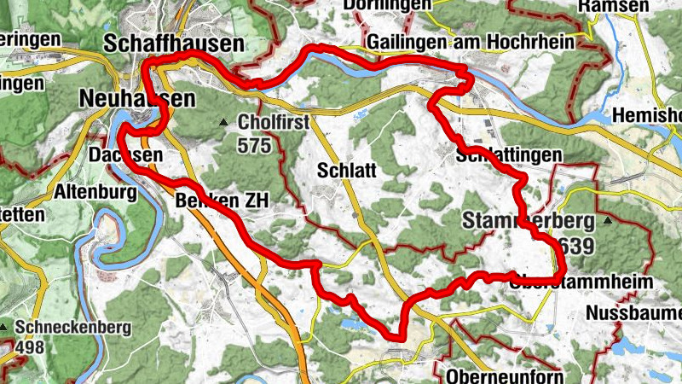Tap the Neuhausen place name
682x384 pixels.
click(136, 99)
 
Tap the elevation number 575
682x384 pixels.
click(254, 145)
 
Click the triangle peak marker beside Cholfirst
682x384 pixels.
click(224, 123)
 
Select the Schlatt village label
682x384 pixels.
click(346, 170)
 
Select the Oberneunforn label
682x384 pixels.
click(503, 375)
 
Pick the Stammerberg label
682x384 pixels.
click(528, 221)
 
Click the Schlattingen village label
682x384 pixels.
click(510, 155)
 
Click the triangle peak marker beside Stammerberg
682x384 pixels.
click(608, 221)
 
